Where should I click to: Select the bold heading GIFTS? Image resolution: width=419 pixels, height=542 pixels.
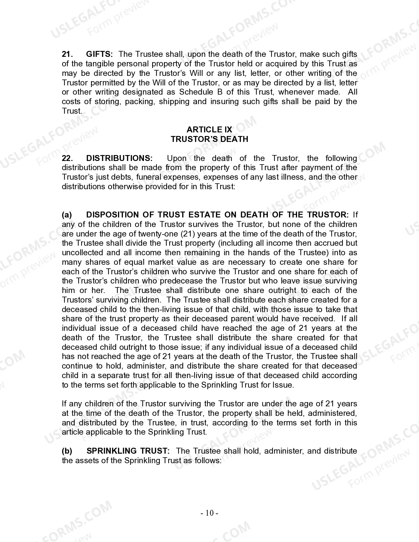coord(99,54)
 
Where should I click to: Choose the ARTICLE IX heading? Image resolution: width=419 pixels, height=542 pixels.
coord(209,130)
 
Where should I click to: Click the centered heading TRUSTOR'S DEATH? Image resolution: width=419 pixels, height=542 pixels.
coord(209,139)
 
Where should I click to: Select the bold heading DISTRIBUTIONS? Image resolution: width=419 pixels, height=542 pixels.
coord(119,158)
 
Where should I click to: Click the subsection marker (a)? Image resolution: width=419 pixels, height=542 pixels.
coord(67,215)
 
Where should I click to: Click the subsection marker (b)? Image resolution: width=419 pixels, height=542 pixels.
coord(67,451)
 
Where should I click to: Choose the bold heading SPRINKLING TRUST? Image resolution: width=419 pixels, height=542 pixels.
coord(128,451)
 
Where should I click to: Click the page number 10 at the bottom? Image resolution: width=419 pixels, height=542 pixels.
coord(209,513)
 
